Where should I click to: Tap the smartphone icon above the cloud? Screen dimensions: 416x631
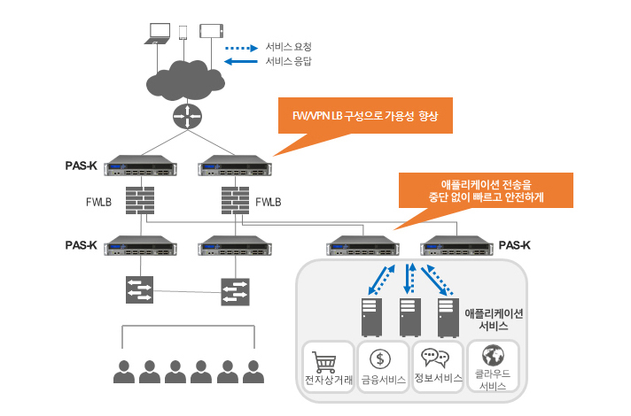click(184, 32)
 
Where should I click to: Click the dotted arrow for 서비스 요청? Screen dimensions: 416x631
click(238, 45)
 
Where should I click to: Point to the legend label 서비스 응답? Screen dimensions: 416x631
click(288, 62)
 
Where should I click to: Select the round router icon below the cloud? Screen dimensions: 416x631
click(186, 116)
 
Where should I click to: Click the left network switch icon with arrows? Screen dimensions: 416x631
click(139, 289)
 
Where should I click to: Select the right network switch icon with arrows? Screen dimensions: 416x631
click(236, 292)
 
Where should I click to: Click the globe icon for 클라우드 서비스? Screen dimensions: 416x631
click(493, 357)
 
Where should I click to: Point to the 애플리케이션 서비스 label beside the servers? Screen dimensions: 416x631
click(495, 320)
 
